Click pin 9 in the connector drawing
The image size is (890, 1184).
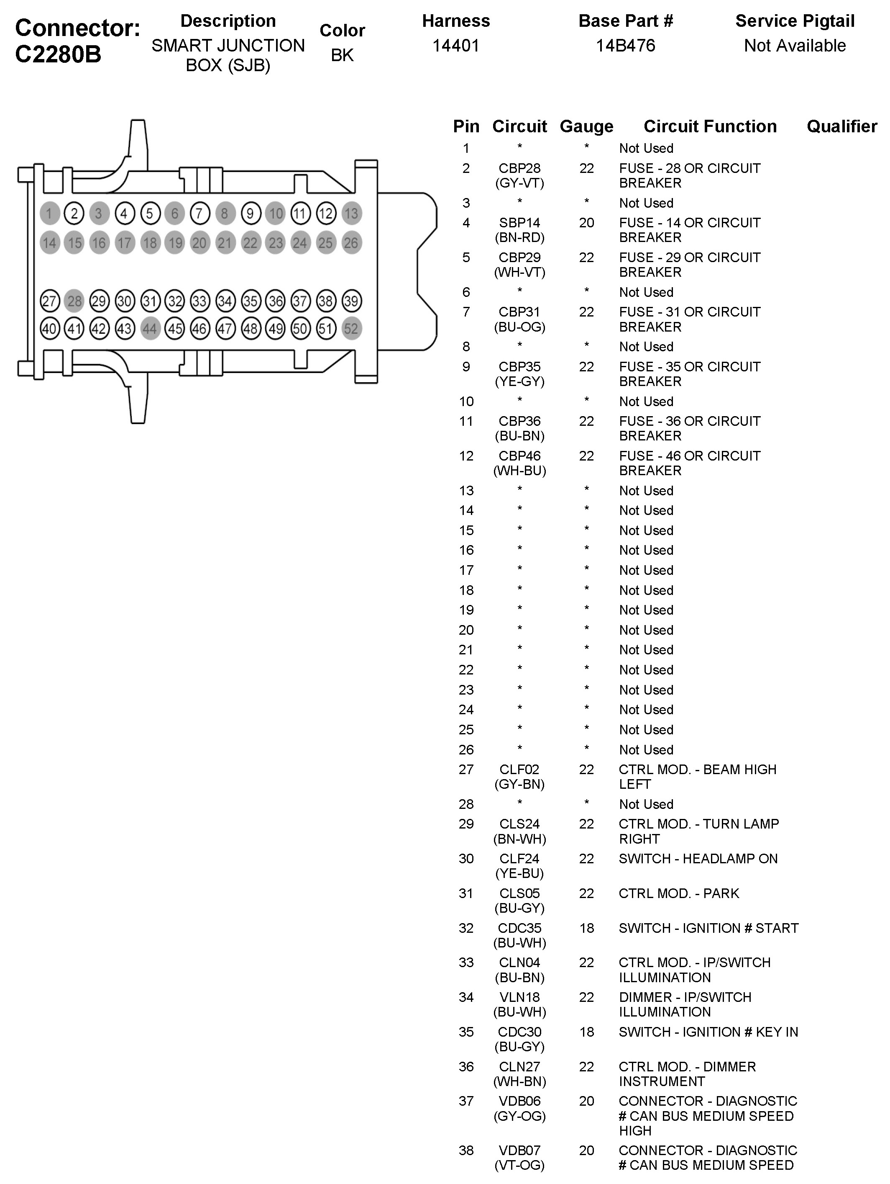250,214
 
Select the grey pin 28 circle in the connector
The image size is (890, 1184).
74,301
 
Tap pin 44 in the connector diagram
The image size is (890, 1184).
150,329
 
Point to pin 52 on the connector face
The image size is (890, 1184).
351,329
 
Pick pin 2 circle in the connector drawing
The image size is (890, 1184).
74,214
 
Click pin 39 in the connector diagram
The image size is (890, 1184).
351,301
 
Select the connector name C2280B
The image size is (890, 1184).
58,54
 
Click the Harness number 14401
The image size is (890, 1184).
456,46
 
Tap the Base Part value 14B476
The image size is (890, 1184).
625,46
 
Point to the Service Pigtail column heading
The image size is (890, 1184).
795,21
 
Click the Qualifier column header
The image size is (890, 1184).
842,126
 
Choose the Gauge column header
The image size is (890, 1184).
586,126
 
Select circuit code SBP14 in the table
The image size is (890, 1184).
519,223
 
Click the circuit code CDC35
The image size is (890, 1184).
519,928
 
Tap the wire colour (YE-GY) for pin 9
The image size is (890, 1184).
519,382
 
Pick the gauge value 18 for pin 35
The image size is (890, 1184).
586,1032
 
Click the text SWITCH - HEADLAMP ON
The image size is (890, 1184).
698,859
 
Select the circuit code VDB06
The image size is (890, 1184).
519,1101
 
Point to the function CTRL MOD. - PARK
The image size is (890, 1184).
679,893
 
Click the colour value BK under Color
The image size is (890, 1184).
342,55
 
